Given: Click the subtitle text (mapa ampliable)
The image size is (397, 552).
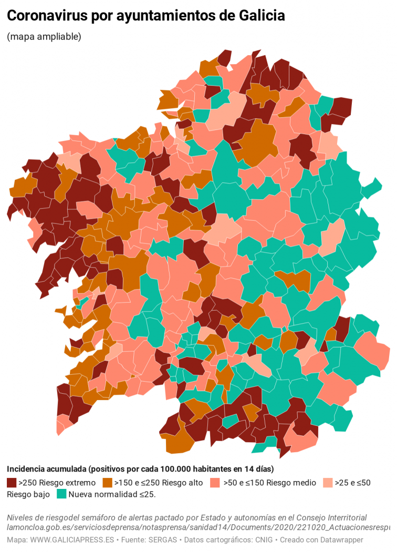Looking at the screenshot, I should (x=44, y=37).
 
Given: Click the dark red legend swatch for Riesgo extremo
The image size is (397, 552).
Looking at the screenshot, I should (x=12, y=483).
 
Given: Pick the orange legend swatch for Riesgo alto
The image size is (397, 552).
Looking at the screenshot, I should (x=108, y=483).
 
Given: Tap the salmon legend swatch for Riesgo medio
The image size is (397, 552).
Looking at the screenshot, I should (x=215, y=483).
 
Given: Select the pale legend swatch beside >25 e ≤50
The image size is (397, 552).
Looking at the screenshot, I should (x=328, y=483).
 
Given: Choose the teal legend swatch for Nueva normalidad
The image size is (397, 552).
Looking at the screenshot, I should (x=61, y=494).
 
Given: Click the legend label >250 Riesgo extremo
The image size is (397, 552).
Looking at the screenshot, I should (x=57, y=483).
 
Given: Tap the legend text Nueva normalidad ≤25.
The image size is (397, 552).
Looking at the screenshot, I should (x=112, y=494).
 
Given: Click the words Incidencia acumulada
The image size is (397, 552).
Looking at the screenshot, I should (x=46, y=468).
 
